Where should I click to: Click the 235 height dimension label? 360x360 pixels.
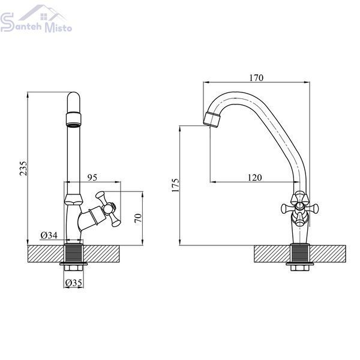[23, 169]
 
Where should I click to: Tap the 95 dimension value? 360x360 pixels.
[92, 177]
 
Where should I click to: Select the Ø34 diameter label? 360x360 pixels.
[49, 235]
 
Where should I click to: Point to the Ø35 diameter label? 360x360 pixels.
[73, 283]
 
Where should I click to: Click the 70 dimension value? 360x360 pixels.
[138, 218]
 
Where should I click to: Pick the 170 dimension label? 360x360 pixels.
[256, 78]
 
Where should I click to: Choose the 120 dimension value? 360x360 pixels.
[254, 178]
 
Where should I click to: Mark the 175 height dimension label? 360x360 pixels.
[175, 185]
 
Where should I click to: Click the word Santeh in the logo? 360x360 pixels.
[21, 24]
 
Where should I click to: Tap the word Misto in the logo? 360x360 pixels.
[58, 28]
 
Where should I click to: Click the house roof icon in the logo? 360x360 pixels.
[43, 13]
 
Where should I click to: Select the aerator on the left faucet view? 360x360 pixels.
[73, 119]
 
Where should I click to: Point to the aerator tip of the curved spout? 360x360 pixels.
[212, 118]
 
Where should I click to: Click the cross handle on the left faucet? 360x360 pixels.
[108, 208]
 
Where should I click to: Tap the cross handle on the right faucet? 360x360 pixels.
[299, 208]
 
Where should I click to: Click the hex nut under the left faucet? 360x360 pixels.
[73, 268]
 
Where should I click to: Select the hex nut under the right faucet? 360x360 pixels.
[300, 268]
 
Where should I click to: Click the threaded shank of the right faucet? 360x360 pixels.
[300, 253]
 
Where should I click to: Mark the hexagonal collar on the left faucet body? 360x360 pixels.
[73, 199]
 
